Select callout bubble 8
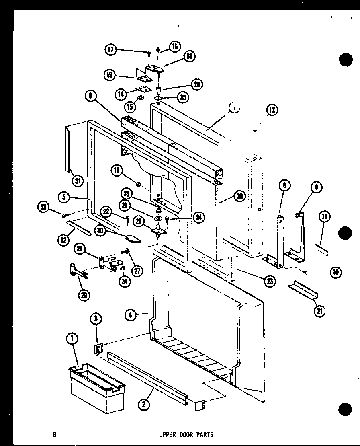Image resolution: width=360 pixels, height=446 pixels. (x=284, y=186)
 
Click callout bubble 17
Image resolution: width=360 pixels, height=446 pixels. (x=110, y=50)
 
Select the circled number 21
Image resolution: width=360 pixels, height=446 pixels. (x=320, y=312)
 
